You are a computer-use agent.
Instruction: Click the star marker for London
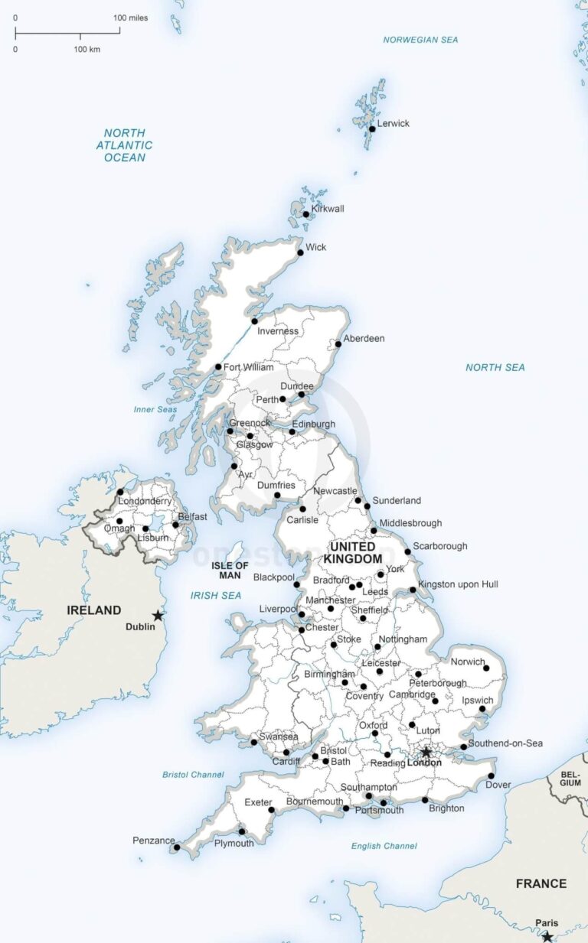click(x=426, y=752)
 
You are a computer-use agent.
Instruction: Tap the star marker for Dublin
click(x=158, y=615)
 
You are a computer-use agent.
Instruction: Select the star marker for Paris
click(x=547, y=936)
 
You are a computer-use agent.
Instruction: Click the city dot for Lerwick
click(x=372, y=128)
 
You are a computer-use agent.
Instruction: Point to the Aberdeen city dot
click(x=338, y=344)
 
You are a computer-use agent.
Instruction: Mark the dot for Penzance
click(x=177, y=847)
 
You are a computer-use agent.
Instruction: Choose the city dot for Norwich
click(x=486, y=668)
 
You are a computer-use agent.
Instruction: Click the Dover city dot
click(x=491, y=776)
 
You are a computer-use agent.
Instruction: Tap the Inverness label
click(x=278, y=331)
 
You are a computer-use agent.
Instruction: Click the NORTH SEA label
click(x=495, y=367)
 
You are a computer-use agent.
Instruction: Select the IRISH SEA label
click(x=216, y=595)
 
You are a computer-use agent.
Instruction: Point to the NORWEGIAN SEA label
click(x=420, y=40)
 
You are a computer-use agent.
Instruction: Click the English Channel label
click(x=384, y=846)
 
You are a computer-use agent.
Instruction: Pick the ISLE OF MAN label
click(x=230, y=570)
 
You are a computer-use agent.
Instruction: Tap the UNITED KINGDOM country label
click(x=352, y=553)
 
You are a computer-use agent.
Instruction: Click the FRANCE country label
click(x=541, y=883)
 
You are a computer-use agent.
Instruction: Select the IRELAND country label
click(x=94, y=610)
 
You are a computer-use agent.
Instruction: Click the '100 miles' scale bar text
click(x=131, y=18)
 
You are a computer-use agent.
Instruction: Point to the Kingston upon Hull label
click(x=458, y=584)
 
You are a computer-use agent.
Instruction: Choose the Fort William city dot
click(x=218, y=367)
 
